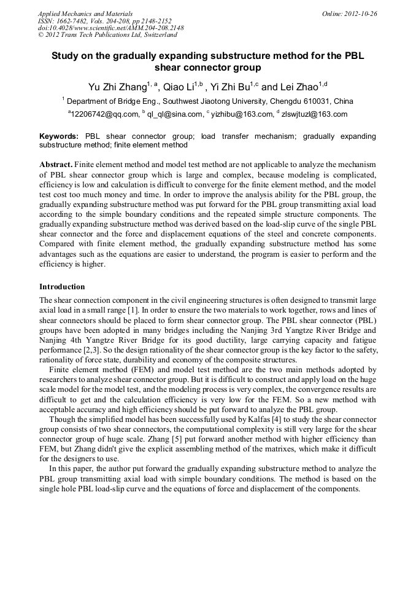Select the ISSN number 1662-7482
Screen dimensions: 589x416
[x=75, y=21]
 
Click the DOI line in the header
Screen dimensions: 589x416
[x=110, y=28]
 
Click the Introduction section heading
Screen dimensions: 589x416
[x=62, y=287]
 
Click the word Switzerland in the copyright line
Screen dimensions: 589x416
[x=155, y=36]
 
